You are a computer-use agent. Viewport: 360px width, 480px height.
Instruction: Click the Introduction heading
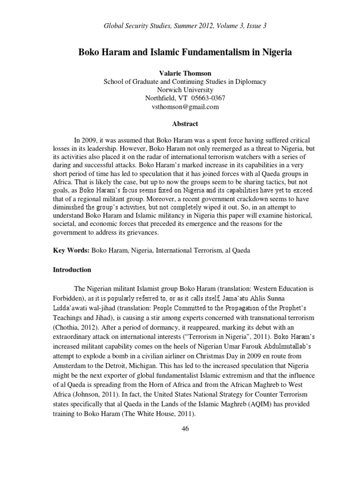point(72,270)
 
